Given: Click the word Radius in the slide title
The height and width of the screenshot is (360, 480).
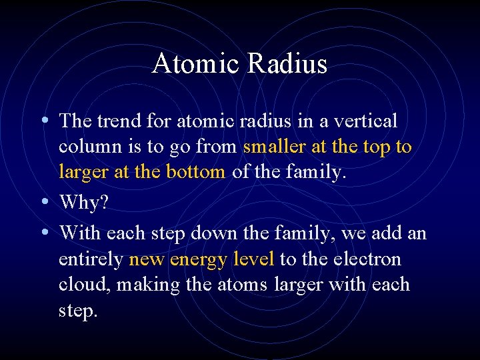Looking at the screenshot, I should tap(288, 64).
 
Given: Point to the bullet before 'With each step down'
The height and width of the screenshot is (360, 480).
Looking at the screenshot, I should tap(44, 233).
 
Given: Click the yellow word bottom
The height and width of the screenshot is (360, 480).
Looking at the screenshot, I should tap(197, 172).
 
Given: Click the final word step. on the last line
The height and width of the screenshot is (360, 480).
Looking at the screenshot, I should tap(78, 311).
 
